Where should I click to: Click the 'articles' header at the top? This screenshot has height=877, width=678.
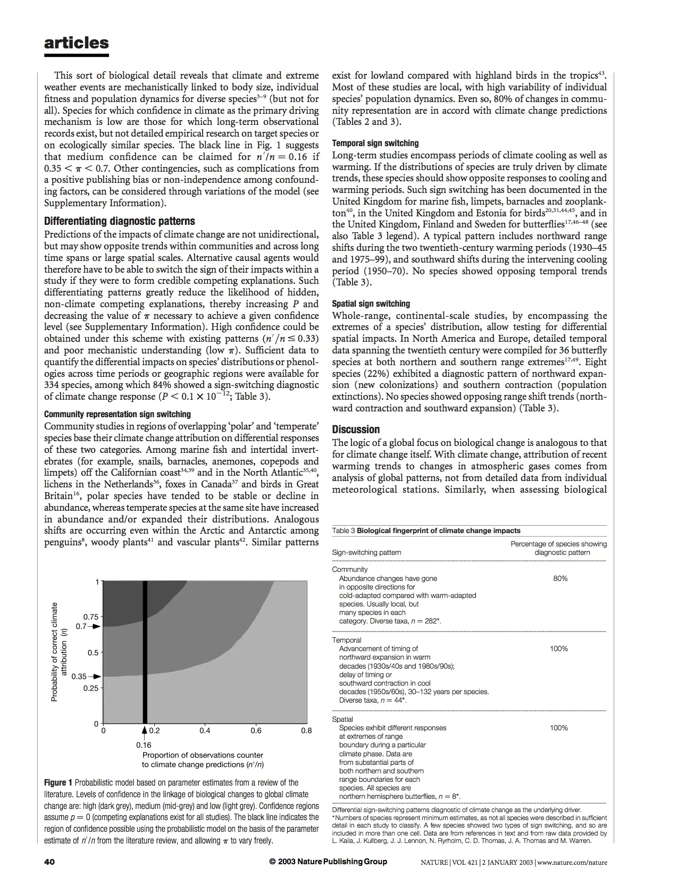(77, 43)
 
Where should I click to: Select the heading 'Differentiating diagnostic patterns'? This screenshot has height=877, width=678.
(120, 221)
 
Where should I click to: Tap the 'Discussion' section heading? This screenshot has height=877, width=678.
(356, 429)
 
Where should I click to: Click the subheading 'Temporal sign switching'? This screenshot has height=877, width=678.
(375, 143)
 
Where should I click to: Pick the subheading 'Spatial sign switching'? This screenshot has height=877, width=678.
(371, 303)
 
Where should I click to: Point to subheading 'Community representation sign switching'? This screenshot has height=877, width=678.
(118, 414)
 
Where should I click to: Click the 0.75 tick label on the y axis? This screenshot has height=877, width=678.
(91, 617)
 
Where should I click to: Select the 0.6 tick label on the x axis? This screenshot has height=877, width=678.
(256, 730)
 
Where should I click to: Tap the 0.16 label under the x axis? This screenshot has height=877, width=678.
(144, 745)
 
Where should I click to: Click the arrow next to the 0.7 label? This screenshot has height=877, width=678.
(95, 626)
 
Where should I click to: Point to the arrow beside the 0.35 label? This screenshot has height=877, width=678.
(95, 677)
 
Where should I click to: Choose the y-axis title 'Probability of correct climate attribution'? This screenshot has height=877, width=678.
(58, 652)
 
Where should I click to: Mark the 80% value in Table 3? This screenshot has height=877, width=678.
(560, 578)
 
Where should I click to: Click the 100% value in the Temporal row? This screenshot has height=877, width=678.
(558, 648)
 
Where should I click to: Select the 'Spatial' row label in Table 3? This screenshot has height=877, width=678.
(342, 719)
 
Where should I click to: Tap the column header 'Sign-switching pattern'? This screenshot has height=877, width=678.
(366, 552)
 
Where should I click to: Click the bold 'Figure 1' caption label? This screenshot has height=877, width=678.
(58, 783)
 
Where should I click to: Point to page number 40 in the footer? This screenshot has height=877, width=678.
(49, 862)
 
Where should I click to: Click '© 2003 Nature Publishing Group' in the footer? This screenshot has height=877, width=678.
(328, 862)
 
